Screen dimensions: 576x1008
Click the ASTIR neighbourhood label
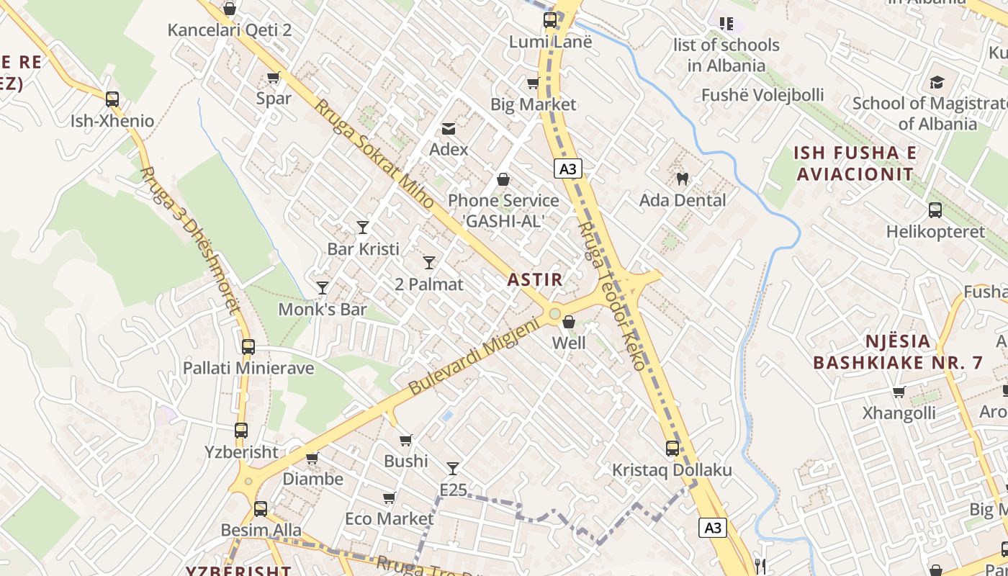tap(535, 279)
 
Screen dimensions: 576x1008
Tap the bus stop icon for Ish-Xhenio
tap(112, 99)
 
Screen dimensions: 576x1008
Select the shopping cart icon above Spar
tap(274, 77)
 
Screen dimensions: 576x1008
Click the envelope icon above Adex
tap(449, 129)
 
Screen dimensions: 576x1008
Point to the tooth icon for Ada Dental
tap(683, 179)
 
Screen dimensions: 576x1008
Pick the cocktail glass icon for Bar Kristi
tap(363, 228)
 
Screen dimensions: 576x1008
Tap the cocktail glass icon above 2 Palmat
tap(429, 263)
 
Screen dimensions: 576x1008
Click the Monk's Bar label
tap(323, 310)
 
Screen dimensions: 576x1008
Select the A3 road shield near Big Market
tap(568, 169)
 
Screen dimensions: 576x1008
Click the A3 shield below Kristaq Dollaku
tap(713, 528)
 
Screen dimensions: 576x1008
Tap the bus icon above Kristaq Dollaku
tap(672, 449)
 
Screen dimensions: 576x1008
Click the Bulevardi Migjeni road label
tap(474, 356)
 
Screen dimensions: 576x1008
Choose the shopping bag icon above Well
tap(569, 322)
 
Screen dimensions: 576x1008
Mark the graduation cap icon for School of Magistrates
tap(937, 82)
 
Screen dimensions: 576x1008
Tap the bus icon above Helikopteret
tap(935, 210)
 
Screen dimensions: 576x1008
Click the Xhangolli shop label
tap(899, 413)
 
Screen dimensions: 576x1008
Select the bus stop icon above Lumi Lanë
tap(550, 20)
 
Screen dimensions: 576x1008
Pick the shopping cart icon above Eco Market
tap(390, 498)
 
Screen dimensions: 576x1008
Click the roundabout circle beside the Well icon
tap(554, 314)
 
